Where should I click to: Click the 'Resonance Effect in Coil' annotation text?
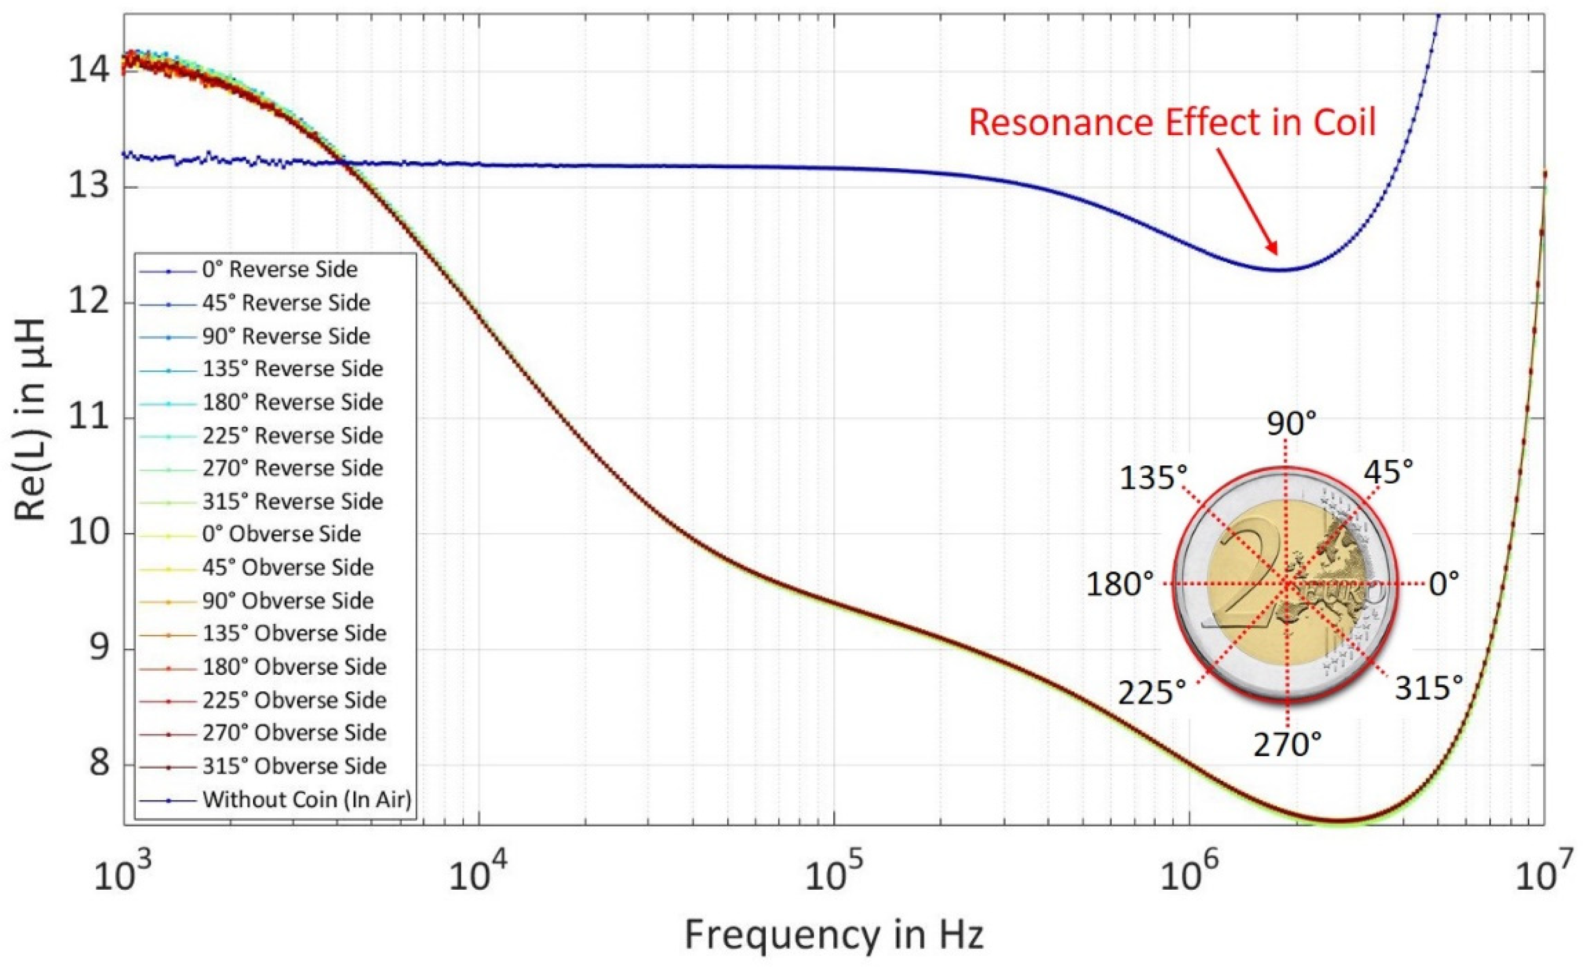pos(1172,122)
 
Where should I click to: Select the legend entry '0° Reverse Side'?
pos(279,269)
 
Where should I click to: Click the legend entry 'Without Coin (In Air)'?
pos(307,799)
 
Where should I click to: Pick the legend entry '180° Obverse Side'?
pos(294,667)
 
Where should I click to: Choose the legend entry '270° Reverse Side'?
pos(292,468)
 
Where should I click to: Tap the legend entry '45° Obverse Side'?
pos(288,567)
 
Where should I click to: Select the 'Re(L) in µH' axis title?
pos(31,419)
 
